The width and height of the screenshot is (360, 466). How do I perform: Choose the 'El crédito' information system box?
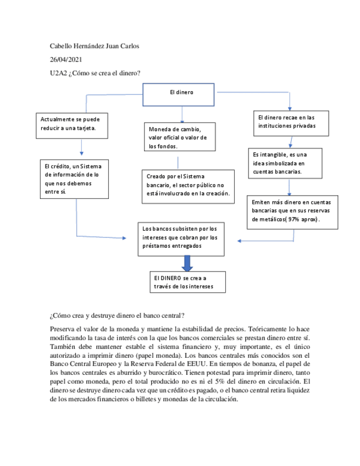coord(76,178)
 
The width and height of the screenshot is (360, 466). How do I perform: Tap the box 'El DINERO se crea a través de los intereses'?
coord(187,282)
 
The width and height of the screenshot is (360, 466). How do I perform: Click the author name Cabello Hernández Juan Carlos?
coord(94,46)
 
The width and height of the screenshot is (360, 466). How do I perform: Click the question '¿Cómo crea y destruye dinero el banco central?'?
coord(117,316)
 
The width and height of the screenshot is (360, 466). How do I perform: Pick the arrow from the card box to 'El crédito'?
coord(81,146)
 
